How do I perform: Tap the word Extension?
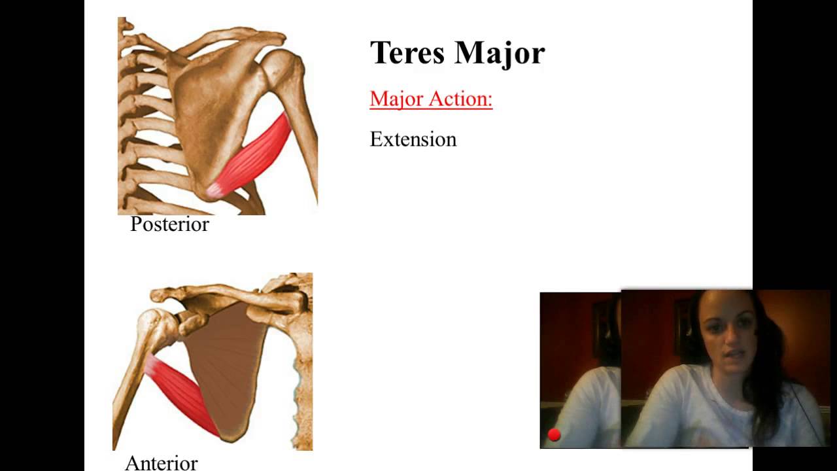click(x=413, y=139)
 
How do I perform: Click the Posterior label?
click(x=169, y=224)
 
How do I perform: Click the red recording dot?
click(x=555, y=435)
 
